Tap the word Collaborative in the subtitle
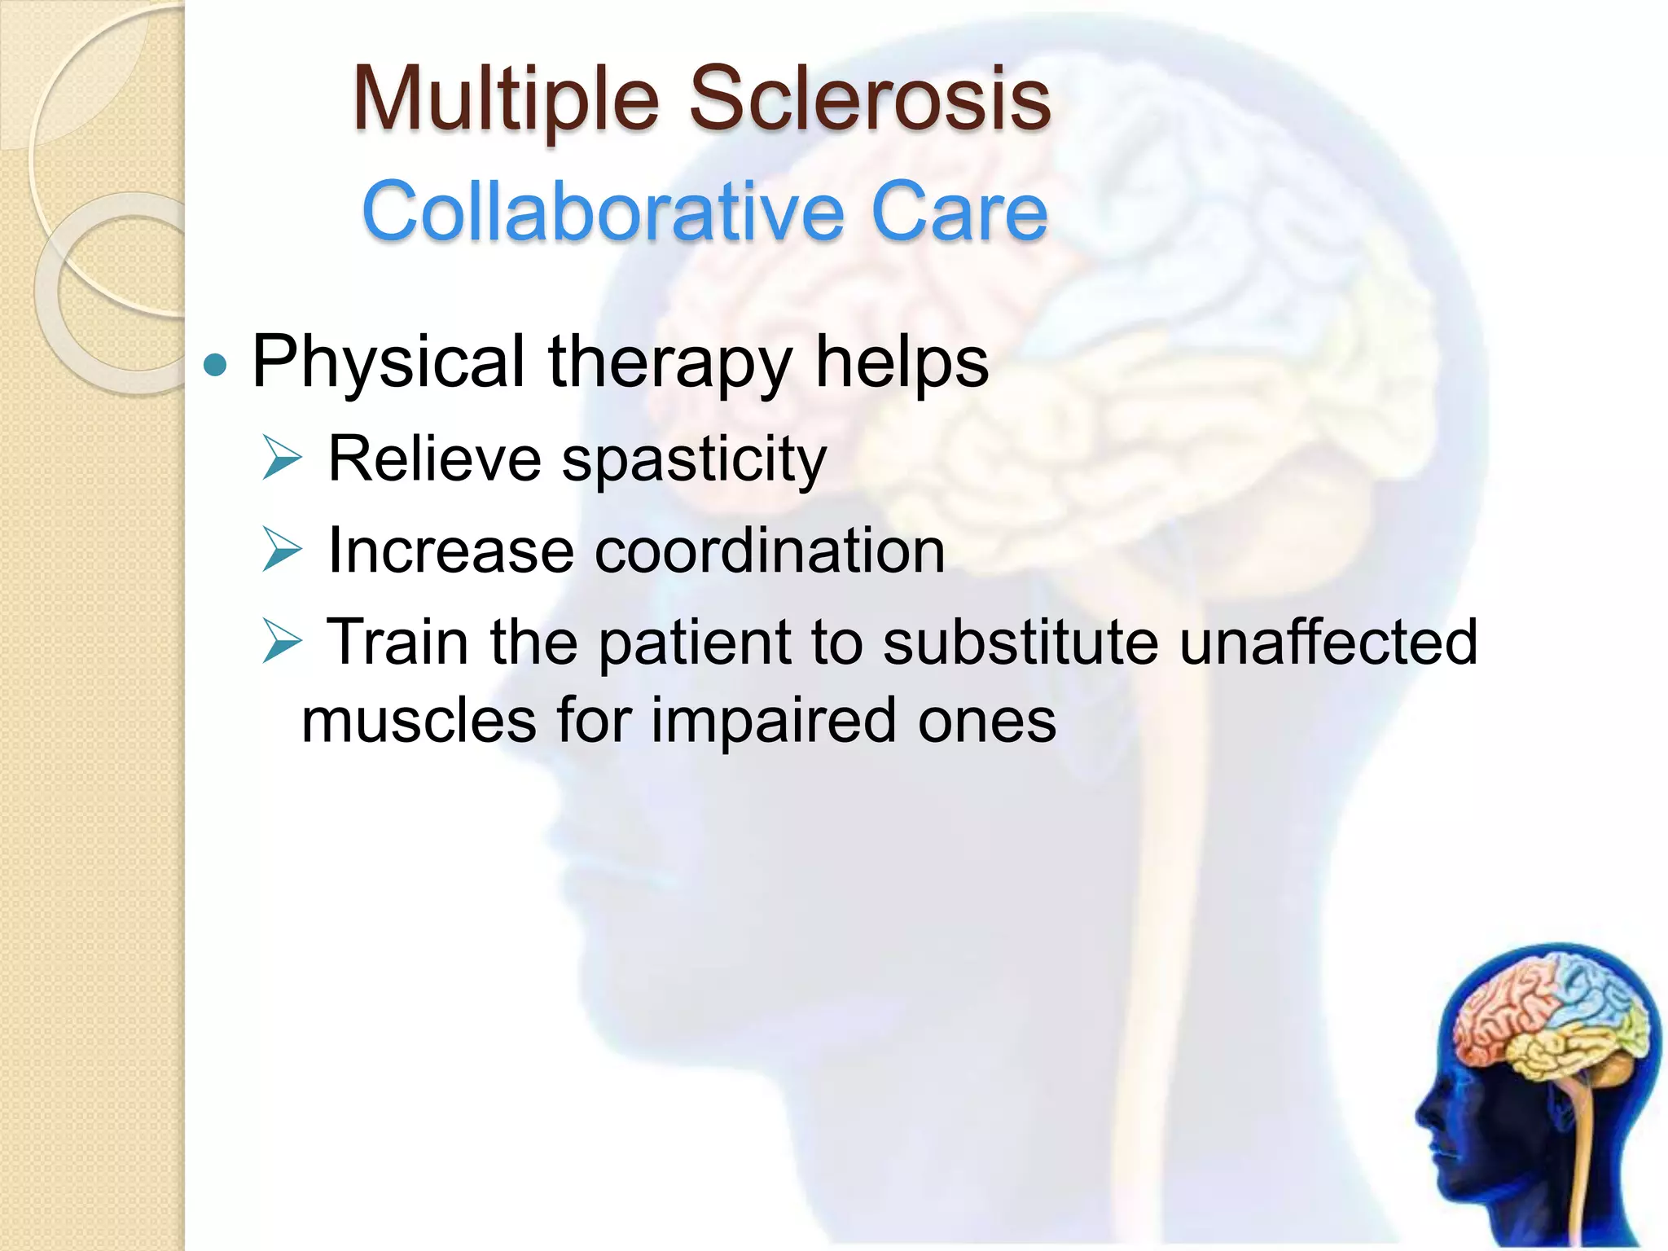point(603,212)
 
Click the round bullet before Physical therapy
point(215,366)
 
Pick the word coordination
point(770,551)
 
